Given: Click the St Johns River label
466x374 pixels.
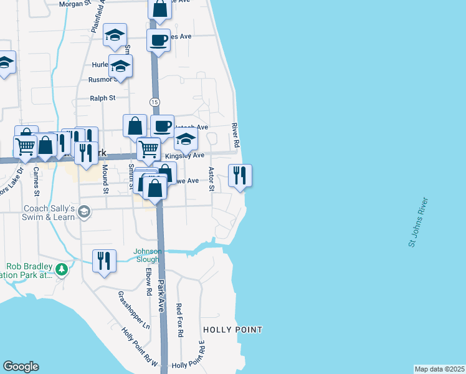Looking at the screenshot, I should (419, 223).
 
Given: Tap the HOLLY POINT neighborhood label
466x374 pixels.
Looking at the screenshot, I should (233, 329).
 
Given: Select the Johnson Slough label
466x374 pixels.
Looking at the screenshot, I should (148, 256).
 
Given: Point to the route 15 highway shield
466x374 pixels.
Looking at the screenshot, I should (155, 102).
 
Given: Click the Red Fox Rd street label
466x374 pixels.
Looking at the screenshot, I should (179, 320).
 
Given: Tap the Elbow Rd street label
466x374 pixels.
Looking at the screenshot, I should (149, 282).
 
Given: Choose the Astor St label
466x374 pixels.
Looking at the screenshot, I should (211, 179).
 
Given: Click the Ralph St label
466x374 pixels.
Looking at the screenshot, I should (103, 98).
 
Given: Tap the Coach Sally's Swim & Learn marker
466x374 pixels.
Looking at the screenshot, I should (83, 213).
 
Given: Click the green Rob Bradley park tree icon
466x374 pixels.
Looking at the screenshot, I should (61, 269).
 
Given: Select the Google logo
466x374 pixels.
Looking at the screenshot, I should (21, 367).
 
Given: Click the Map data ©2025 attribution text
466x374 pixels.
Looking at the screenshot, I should (439, 369).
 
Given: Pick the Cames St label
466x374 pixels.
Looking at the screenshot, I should (36, 180).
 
